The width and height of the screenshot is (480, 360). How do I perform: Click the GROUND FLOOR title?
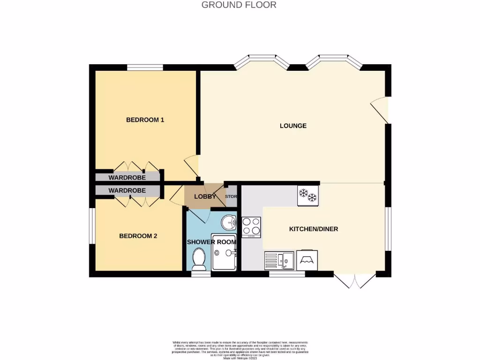point(239,5)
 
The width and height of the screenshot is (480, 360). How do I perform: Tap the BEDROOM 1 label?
point(145,120)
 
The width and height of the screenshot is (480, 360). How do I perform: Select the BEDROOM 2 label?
point(138,236)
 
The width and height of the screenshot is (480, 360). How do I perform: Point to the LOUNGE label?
point(293,126)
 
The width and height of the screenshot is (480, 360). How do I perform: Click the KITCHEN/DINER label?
point(314,229)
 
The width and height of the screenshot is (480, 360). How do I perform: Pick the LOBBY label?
point(205,197)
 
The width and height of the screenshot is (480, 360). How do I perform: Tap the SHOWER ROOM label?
point(211,242)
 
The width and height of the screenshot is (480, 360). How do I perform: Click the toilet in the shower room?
point(199,260)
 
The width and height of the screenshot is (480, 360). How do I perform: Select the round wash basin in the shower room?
point(229,222)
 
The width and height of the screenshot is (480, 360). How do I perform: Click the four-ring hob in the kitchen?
point(251,226)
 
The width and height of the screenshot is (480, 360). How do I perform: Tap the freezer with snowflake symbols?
point(308,195)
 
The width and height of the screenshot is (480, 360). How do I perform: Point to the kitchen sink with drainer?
point(279,260)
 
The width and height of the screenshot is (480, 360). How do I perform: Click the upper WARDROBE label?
point(127,178)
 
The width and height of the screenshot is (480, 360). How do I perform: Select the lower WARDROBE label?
point(127,191)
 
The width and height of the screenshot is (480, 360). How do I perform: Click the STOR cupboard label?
point(231,197)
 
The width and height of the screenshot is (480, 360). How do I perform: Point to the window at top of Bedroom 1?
point(145,67)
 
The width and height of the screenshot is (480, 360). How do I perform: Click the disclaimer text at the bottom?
point(240,349)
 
